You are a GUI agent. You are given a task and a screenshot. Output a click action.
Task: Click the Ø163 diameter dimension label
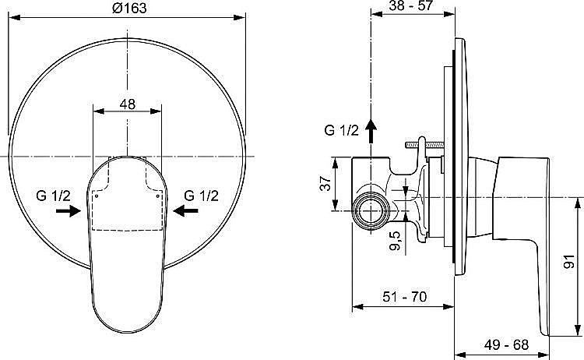click(x=129, y=8)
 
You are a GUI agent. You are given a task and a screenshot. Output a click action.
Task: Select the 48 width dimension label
click(x=128, y=104)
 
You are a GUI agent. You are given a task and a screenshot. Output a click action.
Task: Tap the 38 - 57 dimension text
click(x=411, y=5)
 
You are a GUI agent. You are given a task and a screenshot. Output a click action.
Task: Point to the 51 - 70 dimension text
click(x=404, y=297)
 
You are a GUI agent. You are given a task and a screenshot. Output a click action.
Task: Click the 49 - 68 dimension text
click(x=506, y=344)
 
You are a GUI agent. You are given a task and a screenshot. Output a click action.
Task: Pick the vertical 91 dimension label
click(x=569, y=262)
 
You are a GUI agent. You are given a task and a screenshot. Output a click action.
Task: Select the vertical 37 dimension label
click(x=325, y=183)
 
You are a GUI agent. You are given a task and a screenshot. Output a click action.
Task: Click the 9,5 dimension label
click(x=396, y=241)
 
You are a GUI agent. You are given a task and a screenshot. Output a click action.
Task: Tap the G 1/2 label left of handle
click(x=53, y=196)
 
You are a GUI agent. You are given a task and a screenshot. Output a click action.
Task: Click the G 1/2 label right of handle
click(x=201, y=196)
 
